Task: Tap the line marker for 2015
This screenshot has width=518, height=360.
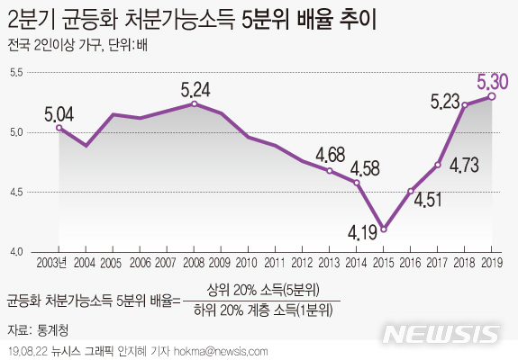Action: (383, 229)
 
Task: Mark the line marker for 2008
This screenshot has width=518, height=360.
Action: (194, 103)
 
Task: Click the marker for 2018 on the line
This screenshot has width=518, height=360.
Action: (465, 105)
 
